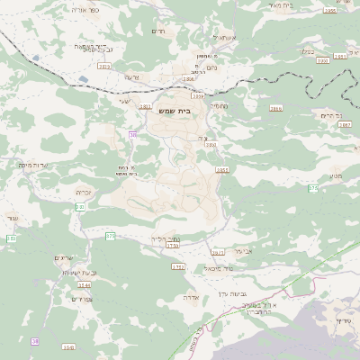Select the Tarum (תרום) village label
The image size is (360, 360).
click(159, 31)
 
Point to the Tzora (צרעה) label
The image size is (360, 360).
click(131, 76)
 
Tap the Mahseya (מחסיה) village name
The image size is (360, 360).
click(219, 105)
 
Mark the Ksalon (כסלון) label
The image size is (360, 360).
click(305, 51)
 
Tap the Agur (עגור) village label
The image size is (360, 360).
click(13, 218)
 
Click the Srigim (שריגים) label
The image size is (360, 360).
click(64, 258)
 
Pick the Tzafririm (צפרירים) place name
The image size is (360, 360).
click(81, 299)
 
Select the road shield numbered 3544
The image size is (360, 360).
click(84, 284)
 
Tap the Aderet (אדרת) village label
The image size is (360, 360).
click(191, 296)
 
